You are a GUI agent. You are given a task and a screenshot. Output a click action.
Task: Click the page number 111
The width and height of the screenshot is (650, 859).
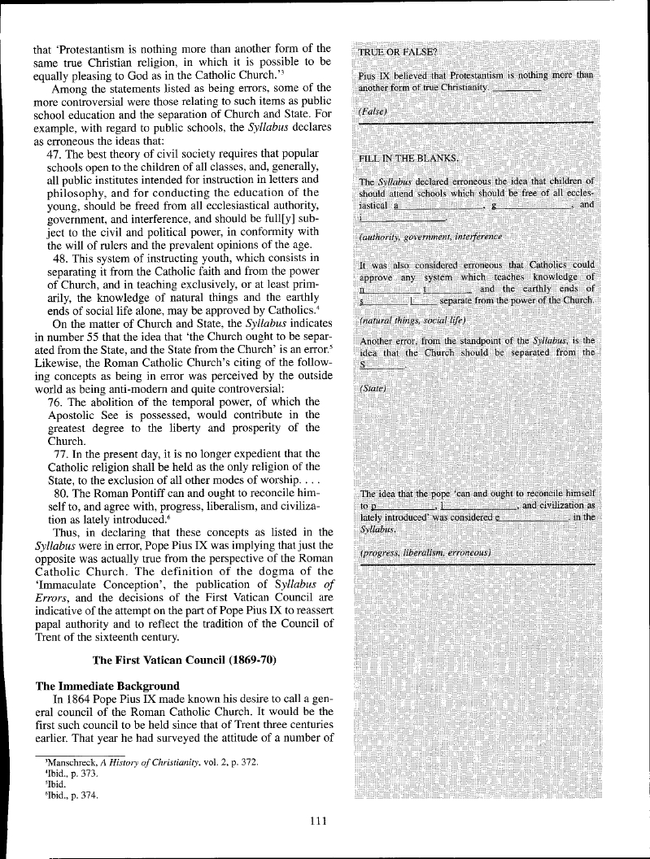click(x=318, y=821)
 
